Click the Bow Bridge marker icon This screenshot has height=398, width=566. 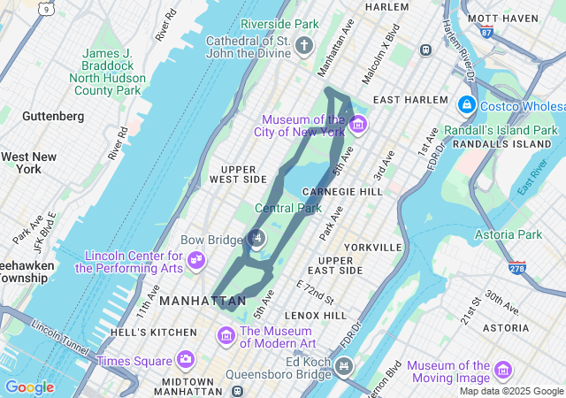[256, 237]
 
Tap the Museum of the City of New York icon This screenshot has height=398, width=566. [357, 125]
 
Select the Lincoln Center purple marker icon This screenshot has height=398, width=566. [198, 261]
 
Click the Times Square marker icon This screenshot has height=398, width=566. [185, 359]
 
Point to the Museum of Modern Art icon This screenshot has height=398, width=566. [226, 336]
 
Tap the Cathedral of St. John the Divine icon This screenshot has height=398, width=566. [304, 46]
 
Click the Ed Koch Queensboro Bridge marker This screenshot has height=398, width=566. [344, 364]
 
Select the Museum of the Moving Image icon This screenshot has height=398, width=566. [503, 370]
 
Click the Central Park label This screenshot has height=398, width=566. [288, 209]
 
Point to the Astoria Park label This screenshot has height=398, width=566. [508, 234]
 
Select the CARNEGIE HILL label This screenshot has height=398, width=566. [341, 192]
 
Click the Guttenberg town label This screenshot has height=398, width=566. [53, 116]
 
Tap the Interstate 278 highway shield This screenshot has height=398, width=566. [516, 268]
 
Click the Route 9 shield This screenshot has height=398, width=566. [46, 8]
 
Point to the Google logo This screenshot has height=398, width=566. [29, 387]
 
